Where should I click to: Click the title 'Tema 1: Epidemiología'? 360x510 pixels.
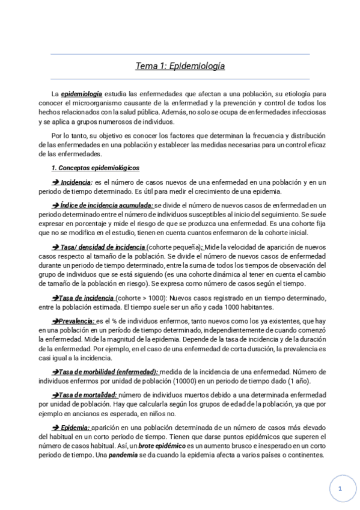point(180,66)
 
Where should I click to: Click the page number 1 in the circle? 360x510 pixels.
point(340,489)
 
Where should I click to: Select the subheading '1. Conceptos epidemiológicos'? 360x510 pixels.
point(96,168)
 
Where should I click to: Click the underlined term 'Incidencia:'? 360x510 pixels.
point(77,182)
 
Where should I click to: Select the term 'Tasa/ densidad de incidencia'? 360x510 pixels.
point(103,247)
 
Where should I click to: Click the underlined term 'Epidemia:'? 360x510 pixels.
point(75,428)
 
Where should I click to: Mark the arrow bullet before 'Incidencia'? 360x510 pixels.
point(55,182)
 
